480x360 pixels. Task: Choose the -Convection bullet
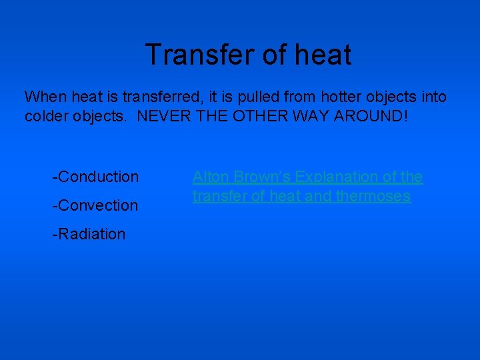point(95,205)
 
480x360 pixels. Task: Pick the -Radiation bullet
point(89,234)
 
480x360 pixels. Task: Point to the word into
point(434,97)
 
